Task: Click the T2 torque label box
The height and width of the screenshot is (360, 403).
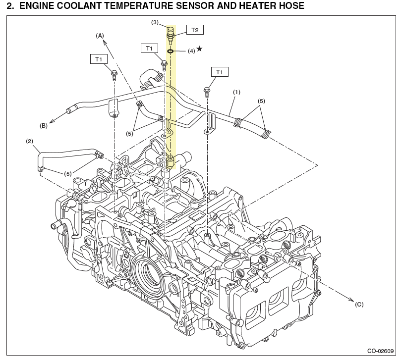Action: coord(195,30)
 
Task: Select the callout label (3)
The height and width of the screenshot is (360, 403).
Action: coord(155,22)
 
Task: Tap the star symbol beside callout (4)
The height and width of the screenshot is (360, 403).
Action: coord(199,49)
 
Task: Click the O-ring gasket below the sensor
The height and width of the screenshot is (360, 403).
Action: coord(170,51)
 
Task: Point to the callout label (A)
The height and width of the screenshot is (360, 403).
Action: coord(100,36)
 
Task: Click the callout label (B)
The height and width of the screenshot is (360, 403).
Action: coord(44,125)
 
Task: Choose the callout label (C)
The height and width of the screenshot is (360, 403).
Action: coord(359,305)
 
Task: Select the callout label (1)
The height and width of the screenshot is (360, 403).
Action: coord(236,92)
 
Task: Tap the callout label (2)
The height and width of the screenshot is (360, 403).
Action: coord(29,141)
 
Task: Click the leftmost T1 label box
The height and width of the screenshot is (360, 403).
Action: coord(99,59)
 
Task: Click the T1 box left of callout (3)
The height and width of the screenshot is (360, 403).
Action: coord(149,48)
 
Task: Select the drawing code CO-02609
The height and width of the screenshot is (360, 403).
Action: coord(381,351)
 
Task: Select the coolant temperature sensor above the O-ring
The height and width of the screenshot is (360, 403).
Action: coord(171,34)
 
